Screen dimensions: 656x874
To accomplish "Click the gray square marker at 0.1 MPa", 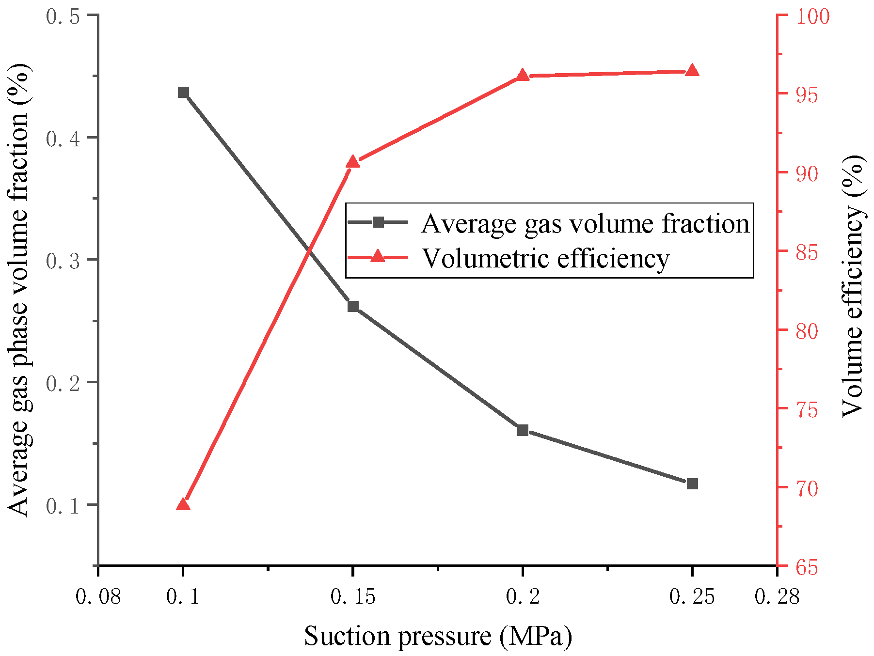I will pos(183,93).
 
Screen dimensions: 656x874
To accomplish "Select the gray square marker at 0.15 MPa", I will pos(353,306).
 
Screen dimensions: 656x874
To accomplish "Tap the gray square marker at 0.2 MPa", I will pos(523,430).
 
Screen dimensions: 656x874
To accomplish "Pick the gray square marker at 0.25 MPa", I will pos(692,484).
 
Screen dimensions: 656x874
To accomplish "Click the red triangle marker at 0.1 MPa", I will pos(183,505).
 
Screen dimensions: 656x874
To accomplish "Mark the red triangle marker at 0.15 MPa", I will pos(353,162).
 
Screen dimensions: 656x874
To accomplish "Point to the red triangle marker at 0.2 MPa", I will pos(523,76).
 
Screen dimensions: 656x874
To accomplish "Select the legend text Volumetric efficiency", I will pos(545,258).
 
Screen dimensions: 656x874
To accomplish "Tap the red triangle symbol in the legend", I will pos(378,256).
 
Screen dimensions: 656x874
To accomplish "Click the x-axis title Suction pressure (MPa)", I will pos(438,636).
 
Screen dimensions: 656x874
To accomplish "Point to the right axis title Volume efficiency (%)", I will pos(853,286).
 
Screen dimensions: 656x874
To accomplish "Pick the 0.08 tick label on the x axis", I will pos(98,597).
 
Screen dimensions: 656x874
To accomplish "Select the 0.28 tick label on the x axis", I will pos(777,597).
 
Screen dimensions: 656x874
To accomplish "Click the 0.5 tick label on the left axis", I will pos(63,16).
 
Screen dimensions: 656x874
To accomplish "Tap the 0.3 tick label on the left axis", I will pos(63,261).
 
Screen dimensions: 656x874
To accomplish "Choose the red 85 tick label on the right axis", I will pos(807,252).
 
